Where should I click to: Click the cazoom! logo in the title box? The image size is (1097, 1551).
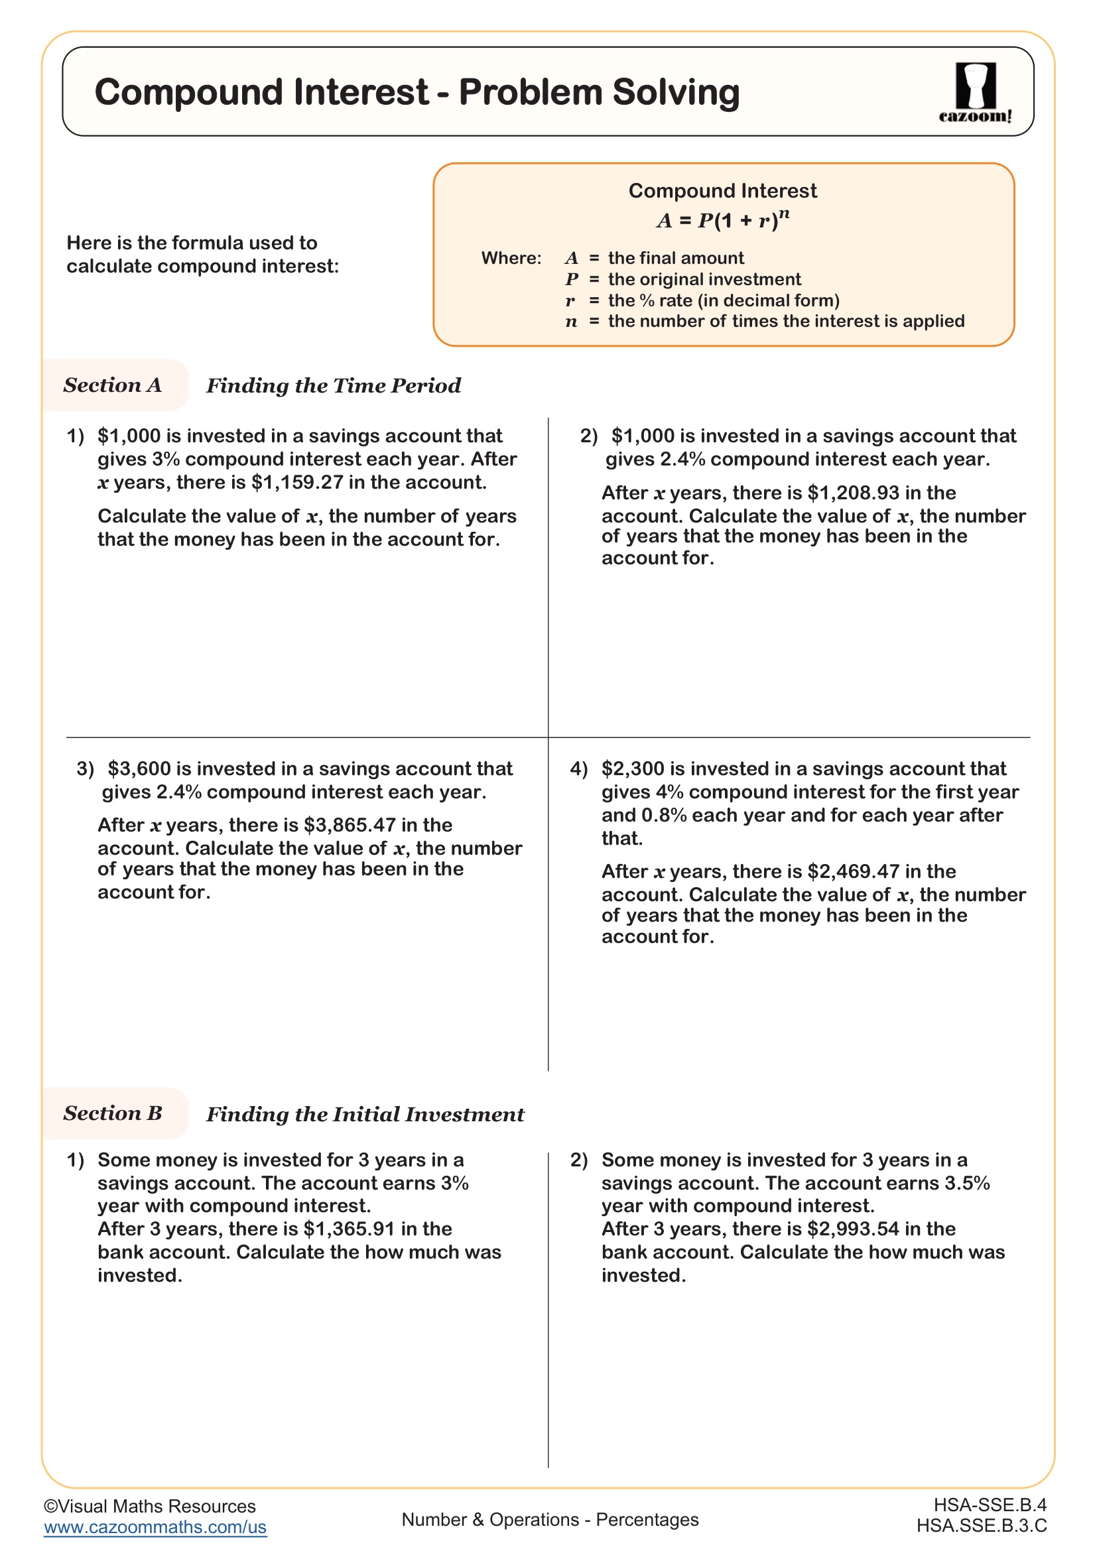(975, 93)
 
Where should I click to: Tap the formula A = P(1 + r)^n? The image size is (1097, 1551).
(722, 220)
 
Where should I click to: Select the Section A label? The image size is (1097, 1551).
(113, 385)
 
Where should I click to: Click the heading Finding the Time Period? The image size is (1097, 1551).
(333, 386)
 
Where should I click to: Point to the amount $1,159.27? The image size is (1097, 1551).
(296, 482)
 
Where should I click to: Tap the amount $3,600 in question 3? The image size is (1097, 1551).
(139, 769)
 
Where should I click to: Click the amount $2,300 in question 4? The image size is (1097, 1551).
(632, 769)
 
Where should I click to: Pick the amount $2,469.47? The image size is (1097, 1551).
(854, 871)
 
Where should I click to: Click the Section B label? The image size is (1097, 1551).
(113, 1113)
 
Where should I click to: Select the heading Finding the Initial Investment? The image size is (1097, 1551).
(365, 1115)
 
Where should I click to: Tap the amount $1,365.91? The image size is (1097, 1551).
(350, 1229)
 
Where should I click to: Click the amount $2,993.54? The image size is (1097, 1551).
(854, 1229)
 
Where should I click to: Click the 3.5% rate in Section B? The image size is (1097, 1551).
(967, 1183)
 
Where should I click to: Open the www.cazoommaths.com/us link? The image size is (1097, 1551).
(155, 1527)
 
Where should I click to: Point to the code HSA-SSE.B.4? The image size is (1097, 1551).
(990, 1505)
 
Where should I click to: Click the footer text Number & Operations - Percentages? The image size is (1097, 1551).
(549, 1520)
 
